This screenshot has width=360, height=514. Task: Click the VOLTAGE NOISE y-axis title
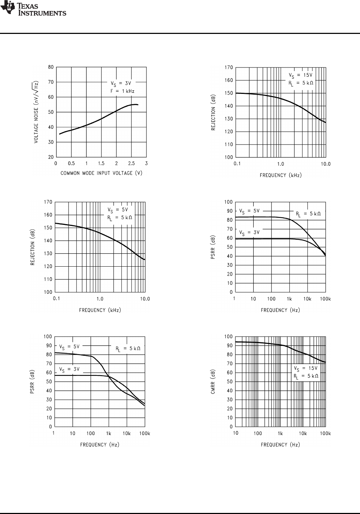[36, 112]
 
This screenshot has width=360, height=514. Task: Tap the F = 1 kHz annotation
[122, 91]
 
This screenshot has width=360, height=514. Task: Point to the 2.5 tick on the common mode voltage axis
[131, 163]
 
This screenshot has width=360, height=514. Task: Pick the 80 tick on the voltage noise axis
[51, 67]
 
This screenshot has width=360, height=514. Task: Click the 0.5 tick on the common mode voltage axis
[71, 163]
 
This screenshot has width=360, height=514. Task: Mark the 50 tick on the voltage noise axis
[51, 112]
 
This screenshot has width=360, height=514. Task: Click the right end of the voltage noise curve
[138, 105]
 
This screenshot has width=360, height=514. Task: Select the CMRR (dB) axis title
[212, 382]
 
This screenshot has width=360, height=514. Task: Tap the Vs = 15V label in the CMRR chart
[305, 368]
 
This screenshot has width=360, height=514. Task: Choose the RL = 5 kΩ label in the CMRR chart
[306, 376]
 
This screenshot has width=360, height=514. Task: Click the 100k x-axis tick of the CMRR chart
[325, 434]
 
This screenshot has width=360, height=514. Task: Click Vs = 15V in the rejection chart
[301, 75]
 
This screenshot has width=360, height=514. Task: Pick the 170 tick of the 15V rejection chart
[229, 67]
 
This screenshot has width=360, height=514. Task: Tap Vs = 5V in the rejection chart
[117, 210]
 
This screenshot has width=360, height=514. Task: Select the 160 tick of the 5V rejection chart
[48, 215]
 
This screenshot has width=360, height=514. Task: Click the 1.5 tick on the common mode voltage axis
[101, 163]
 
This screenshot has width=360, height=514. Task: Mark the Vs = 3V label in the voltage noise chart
[121, 83]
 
